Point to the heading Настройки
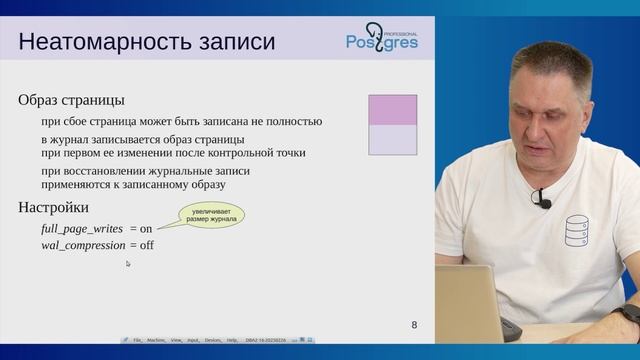[54, 207]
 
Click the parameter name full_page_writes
[82, 228]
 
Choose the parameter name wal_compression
[83, 245]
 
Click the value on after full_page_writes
[145, 228]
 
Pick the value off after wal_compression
[146, 245]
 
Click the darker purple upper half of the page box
[392, 110]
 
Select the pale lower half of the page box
[392, 140]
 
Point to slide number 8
[415, 325]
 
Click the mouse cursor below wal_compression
[128, 263]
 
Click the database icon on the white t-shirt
[577, 231]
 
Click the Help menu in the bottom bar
[233, 340]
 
